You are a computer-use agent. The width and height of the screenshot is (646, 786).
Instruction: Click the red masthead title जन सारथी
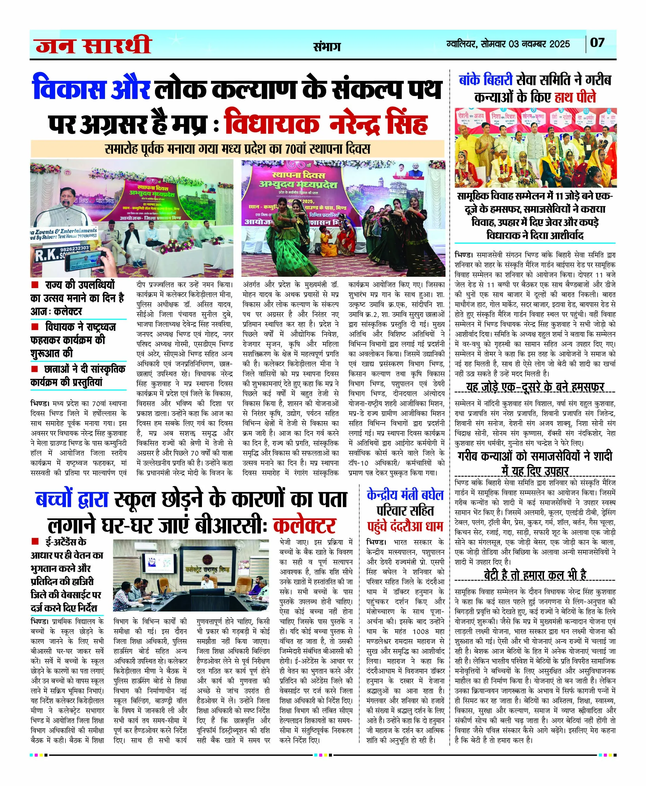click(93, 45)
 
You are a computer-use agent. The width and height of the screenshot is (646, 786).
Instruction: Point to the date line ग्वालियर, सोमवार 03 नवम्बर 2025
click(508, 44)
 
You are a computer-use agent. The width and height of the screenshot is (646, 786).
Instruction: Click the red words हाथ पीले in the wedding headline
click(575, 98)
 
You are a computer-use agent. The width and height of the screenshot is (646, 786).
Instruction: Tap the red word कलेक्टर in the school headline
click(304, 525)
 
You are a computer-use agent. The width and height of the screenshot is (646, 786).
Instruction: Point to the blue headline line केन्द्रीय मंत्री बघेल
click(405, 495)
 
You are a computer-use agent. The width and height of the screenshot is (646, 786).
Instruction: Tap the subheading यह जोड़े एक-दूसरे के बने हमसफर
click(535, 387)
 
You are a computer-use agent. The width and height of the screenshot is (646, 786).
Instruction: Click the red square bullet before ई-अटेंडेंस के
click(35, 541)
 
